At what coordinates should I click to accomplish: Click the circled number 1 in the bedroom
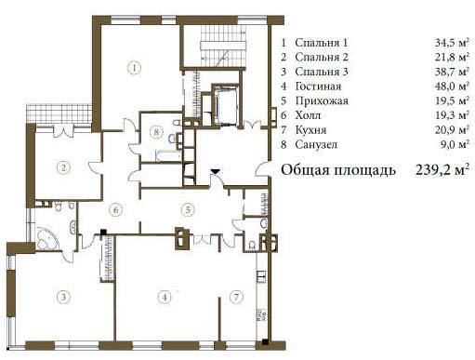tap(134, 68)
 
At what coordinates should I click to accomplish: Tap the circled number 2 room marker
tap(63, 168)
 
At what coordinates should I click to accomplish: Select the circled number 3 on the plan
tap(63, 297)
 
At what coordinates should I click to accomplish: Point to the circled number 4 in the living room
tap(165, 297)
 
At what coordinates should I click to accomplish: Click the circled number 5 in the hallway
tap(188, 209)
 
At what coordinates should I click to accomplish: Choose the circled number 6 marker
tap(115, 210)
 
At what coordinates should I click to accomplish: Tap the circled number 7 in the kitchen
tap(236, 297)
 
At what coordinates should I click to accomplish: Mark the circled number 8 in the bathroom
tap(156, 132)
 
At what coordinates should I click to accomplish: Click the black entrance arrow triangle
tap(215, 171)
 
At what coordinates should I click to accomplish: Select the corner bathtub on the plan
tap(47, 238)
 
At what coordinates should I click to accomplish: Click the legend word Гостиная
tap(318, 86)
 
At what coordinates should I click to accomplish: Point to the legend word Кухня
tap(310, 129)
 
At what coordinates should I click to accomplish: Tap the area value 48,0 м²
tap(452, 86)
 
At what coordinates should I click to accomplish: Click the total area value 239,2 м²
tap(442, 170)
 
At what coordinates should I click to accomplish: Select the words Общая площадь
tap(338, 170)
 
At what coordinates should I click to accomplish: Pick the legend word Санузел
tap(316, 144)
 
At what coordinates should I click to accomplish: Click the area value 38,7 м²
tap(452, 72)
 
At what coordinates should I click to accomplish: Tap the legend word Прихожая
tap(322, 100)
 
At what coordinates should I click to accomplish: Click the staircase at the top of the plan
tap(223, 46)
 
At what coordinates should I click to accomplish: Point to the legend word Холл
tap(308, 115)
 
